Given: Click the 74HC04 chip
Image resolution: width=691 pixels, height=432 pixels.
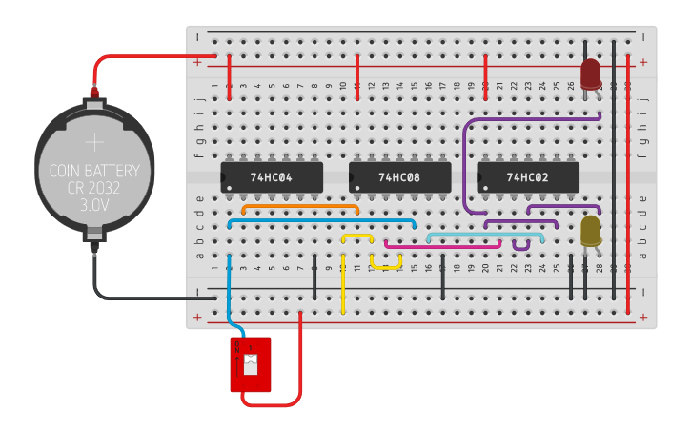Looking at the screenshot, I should (x=272, y=177).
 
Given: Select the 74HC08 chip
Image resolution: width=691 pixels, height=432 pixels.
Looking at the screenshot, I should (x=399, y=177).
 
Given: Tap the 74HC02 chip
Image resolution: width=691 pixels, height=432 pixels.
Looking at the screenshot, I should (x=527, y=177).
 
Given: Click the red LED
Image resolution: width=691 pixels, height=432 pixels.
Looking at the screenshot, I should (x=590, y=72).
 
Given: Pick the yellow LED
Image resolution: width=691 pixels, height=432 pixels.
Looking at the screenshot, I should (x=591, y=230).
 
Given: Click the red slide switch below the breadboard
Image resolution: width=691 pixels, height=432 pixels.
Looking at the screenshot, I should (x=251, y=364).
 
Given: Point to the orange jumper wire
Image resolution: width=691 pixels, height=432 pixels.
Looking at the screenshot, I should (x=300, y=205).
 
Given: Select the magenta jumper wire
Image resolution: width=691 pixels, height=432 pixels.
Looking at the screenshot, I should (x=443, y=245).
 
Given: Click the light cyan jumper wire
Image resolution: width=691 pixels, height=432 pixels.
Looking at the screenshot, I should (x=486, y=234).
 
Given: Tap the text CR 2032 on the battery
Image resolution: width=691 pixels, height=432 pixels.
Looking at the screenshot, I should (x=94, y=189).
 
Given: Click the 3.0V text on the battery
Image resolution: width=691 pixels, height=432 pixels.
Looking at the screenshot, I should (x=94, y=205).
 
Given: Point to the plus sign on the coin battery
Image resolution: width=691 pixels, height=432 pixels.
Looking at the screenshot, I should (x=94, y=143).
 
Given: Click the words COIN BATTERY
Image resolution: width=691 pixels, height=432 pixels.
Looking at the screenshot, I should (x=94, y=172).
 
